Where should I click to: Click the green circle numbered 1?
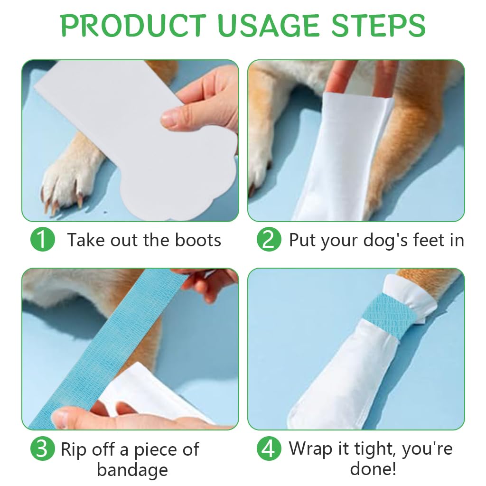[x=43, y=240]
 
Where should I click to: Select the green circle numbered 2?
[x=269, y=240]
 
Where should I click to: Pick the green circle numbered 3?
[x=43, y=449]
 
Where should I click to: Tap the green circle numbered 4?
[x=269, y=449]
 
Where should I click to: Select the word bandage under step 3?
[x=132, y=470]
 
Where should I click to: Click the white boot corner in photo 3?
[x=142, y=389]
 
